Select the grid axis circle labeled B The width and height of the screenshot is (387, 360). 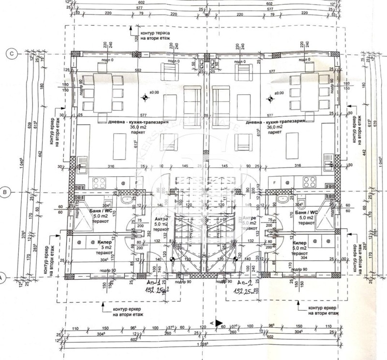point(5,192)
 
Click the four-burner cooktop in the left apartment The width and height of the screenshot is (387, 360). point(99,183)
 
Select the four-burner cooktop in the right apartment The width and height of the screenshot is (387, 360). point(310,183)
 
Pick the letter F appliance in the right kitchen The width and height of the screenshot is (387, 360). point(275,183)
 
